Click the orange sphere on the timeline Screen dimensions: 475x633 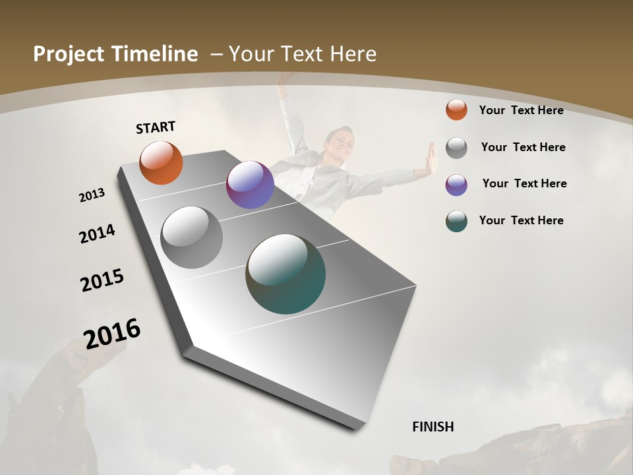click(x=161, y=162)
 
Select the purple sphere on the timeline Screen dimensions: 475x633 click(x=250, y=185)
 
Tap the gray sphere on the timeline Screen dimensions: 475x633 click(x=192, y=237)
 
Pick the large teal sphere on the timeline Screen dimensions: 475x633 click(x=286, y=274)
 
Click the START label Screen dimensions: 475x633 click(x=156, y=127)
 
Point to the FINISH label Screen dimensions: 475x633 click(x=433, y=427)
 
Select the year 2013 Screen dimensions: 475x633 click(x=92, y=195)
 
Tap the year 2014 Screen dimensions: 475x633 click(x=98, y=234)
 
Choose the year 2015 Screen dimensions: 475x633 click(x=102, y=280)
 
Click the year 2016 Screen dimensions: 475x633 click(x=112, y=334)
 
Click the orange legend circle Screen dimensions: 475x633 click(x=456, y=110)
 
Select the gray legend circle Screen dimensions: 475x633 click(x=456, y=147)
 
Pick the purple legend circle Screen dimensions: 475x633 click(x=456, y=184)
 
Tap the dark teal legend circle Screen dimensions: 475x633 click(x=456, y=221)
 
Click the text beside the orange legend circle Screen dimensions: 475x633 click(x=521, y=110)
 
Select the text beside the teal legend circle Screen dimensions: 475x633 click(x=521, y=220)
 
